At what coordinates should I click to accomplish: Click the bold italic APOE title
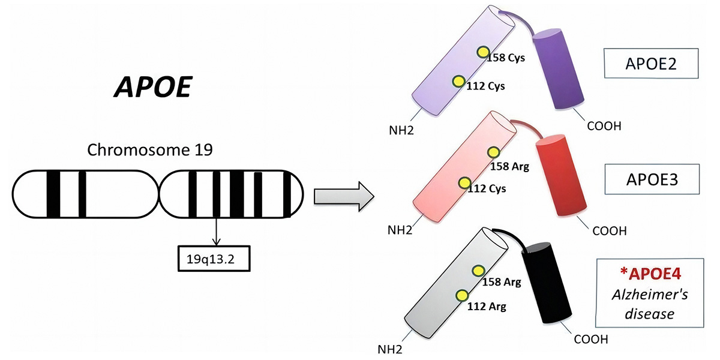click(x=154, y=87)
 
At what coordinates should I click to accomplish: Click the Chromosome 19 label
click(x=150, y=150)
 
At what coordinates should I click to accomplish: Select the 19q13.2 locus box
click(x=214, y=259)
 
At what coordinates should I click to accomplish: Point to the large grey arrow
click(x=344, y=196)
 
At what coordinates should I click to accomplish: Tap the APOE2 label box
click(x=651, y=64)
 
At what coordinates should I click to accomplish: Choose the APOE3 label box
click(x=652, y=179)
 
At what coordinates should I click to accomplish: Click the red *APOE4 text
click(x=650, y=274)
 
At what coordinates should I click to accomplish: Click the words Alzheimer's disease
click(x=650, y=304)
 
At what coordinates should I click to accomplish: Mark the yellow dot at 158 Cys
click(x=483, y=52)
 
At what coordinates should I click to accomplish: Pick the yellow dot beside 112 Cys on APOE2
click(x=458, y=82)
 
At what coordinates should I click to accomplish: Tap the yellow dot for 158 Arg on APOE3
click(x=493, y=152)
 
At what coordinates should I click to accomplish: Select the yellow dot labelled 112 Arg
click(x=462, y=296)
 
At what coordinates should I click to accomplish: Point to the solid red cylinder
click(x=561, y=175)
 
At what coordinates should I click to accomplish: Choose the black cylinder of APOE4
click(x=547, y=283)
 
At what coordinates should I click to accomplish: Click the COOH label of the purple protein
click(x=604, y=126)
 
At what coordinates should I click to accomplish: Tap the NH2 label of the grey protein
click(x=390, y=349)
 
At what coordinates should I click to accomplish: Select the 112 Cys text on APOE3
click(x=487, y=188)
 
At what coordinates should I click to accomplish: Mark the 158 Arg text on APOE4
click(x=502, y=282)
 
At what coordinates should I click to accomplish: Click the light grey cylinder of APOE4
click(x=457, y=283)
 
